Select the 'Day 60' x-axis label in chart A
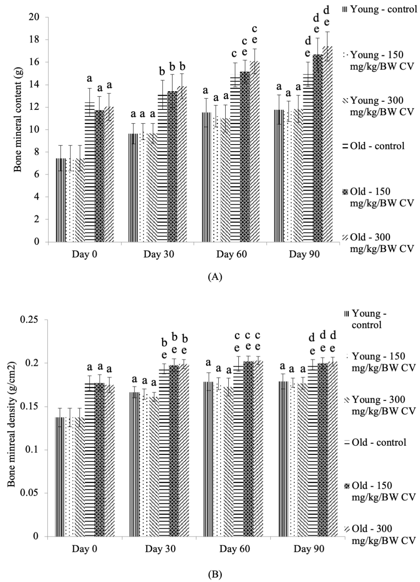(231, 254)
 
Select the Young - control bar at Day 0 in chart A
(61, 200)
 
